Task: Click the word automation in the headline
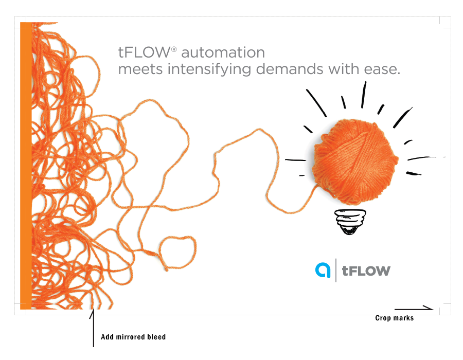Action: tap(223, 52)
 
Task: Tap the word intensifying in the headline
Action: tap(209, 69)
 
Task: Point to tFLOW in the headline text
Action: tap(144, 52)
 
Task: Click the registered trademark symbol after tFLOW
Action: tap(174, 49)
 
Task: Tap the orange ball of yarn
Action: tap(355, 161)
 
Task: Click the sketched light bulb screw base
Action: tap(350, 222)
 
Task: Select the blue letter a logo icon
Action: tap(323, 270)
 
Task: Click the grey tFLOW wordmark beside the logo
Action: tap(366, 271)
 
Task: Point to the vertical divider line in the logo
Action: tap(336, 270)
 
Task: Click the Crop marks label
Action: tap(395, 318)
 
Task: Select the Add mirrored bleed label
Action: tap(133, 337)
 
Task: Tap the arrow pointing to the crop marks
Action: tap(414, 309)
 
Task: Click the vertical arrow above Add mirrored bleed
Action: tap(93, 328)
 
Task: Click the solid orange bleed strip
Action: tap(26, 166)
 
